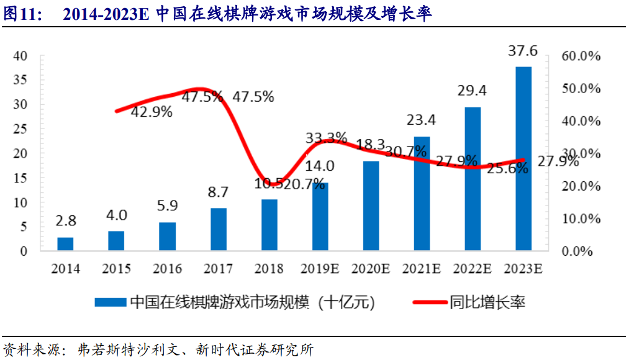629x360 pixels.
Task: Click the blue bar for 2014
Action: [x=65, y=244]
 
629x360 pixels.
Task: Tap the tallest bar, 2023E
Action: [x=523, y=158]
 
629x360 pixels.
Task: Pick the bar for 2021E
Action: [x=422, y=194]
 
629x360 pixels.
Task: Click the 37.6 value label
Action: [x=523, y=51]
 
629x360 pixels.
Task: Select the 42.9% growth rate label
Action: [x=152, y=112]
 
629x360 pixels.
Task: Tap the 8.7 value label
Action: [x=219, y=192]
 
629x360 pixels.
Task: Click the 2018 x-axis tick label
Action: [x=268, y=269]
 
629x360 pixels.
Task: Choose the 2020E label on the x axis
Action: [x=370, y=269]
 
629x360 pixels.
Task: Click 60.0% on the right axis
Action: [x=581, y=56]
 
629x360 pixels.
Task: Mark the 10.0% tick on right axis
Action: [x=581, y=218]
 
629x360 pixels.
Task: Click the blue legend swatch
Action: [x=111, y=303]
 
